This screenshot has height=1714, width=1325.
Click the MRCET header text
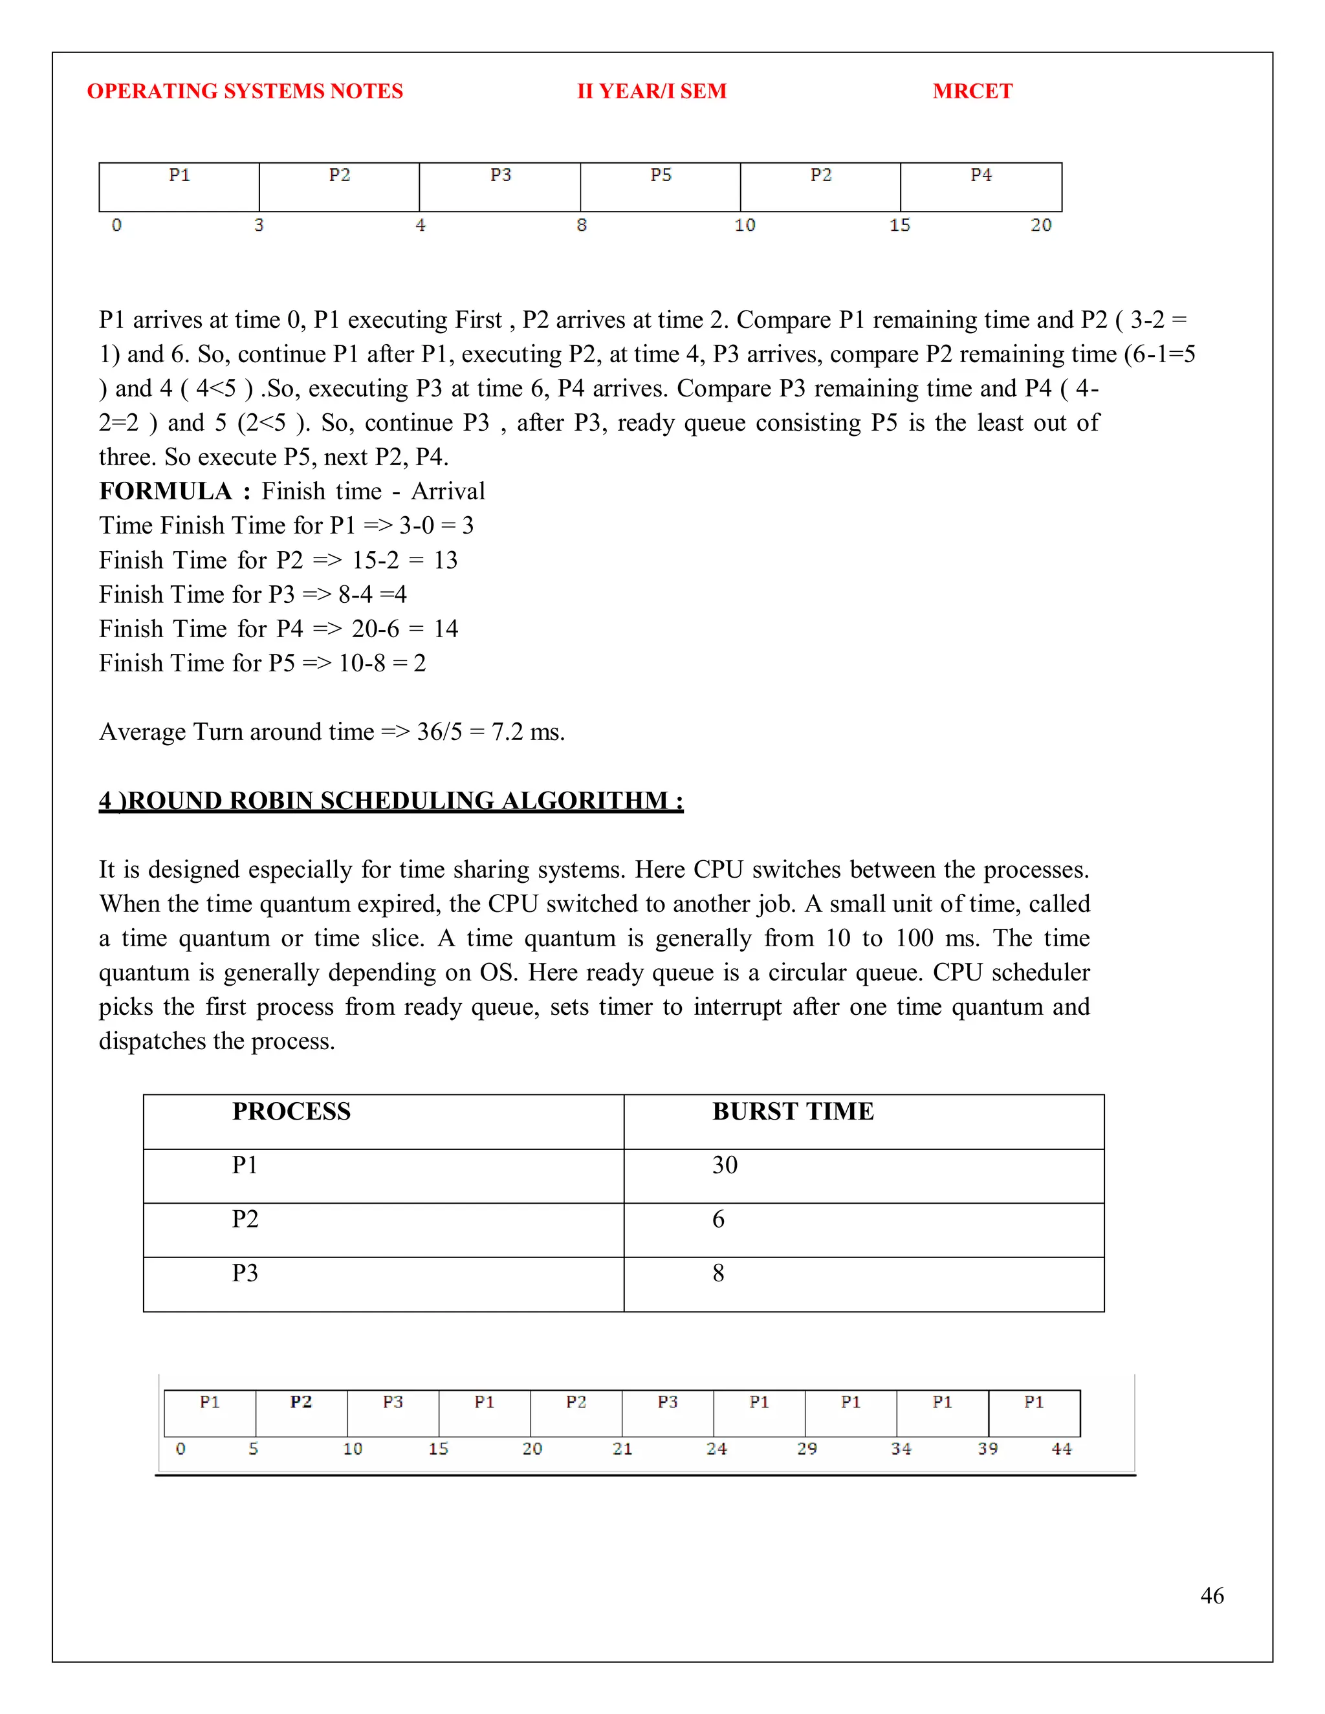pyautogui.click(x=972, y=91)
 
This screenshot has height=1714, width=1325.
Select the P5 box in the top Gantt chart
pyautogui.click(x=660, y=187)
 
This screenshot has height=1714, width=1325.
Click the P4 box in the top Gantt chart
pyautogui.click(x=980, y=187)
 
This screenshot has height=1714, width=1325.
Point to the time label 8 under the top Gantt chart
pyautogui.click(x=582, y=225)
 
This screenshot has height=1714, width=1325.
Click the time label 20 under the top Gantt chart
pyautogui.click(x=1040, y=225)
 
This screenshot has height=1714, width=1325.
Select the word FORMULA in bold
pyautogui.click(x=166, y=492)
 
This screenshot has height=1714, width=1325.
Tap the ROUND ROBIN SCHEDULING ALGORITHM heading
pyautogui.click(x=391, y=801)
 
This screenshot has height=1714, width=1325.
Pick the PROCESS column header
pyautogui.click(x=291, y=1111)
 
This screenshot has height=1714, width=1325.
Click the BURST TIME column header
pyautogui.click(x=793, y=1111)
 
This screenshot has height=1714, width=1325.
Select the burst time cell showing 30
pyautogui.click(x=725, y=1166)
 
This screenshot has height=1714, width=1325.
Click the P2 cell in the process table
pyautogui.click(x=245, y=1219)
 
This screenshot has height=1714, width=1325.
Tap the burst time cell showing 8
pyautogui.click(x=718, y=1273)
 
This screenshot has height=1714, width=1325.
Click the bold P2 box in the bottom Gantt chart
pyautogui.click(x=301, y=1413)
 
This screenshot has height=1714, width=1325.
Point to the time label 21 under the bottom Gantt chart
pyautogui.click(x=622, y=1449)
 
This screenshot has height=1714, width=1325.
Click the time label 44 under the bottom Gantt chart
pyautogui.click(x=1061, y=1449)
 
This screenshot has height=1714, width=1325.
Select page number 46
pyautogui.click(x=1211, y=1596)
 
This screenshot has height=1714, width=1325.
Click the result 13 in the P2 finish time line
pyautogui.click(x=445, y=560)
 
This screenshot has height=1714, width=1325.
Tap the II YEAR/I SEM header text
pyautogui.click(x=652, y=91)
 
